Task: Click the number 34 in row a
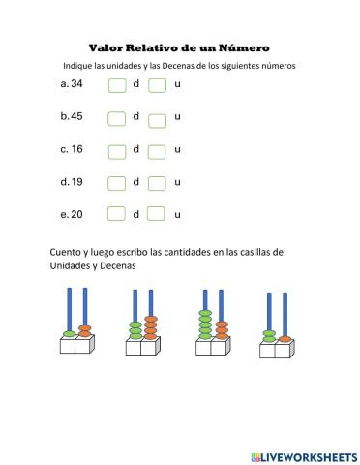pos(75,85)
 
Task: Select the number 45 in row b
pos(75,117)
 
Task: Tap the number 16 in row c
pos(75,150)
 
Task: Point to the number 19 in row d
pos(75,182)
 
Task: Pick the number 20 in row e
pos(75,214)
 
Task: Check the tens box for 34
pos(117,86)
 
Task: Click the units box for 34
pos(158,87)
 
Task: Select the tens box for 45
pos(117,118)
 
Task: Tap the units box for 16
pos(158,151)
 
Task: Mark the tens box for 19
pos(117,183)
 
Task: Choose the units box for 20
pos(158,215)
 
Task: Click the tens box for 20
pos(117,215)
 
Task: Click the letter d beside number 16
pos(136,149)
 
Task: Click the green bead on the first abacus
pos(69,334)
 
